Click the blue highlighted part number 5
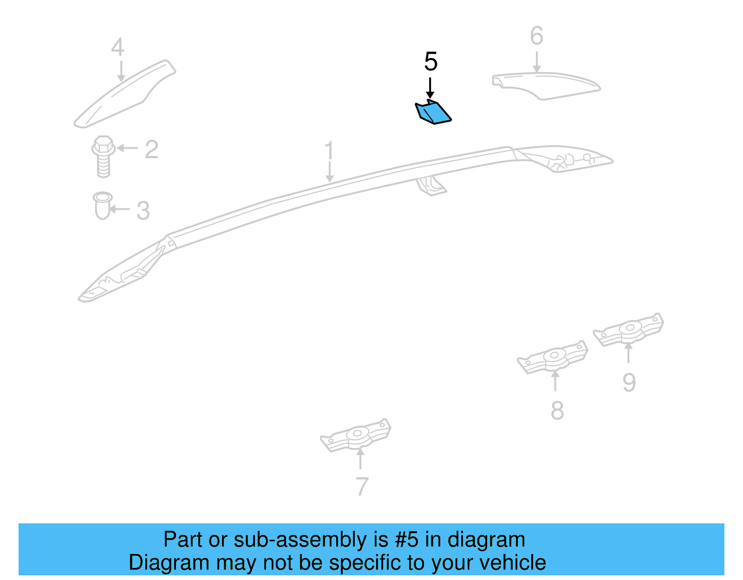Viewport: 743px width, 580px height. (433, 112)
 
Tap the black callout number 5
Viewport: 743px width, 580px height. (430, 61)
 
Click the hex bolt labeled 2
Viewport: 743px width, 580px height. (104, 156)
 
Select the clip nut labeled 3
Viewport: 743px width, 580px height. (103, 205)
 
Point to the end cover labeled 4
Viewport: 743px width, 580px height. (125, 94)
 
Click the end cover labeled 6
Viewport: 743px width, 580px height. (546, 86)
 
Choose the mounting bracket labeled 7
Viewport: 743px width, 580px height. (356, 435)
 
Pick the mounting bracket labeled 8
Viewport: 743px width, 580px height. (553, 357)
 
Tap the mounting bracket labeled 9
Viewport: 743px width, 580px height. (628, 330)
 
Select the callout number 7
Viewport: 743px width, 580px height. (362, 486)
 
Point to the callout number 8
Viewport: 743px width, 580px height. (557, 410)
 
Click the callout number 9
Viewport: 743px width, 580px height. (629, 383)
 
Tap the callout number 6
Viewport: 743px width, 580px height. (536, 36)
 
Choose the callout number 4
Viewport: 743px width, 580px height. (117, 47)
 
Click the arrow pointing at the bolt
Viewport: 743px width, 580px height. (127, 148)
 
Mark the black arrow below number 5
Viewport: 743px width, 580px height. (430, 88)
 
